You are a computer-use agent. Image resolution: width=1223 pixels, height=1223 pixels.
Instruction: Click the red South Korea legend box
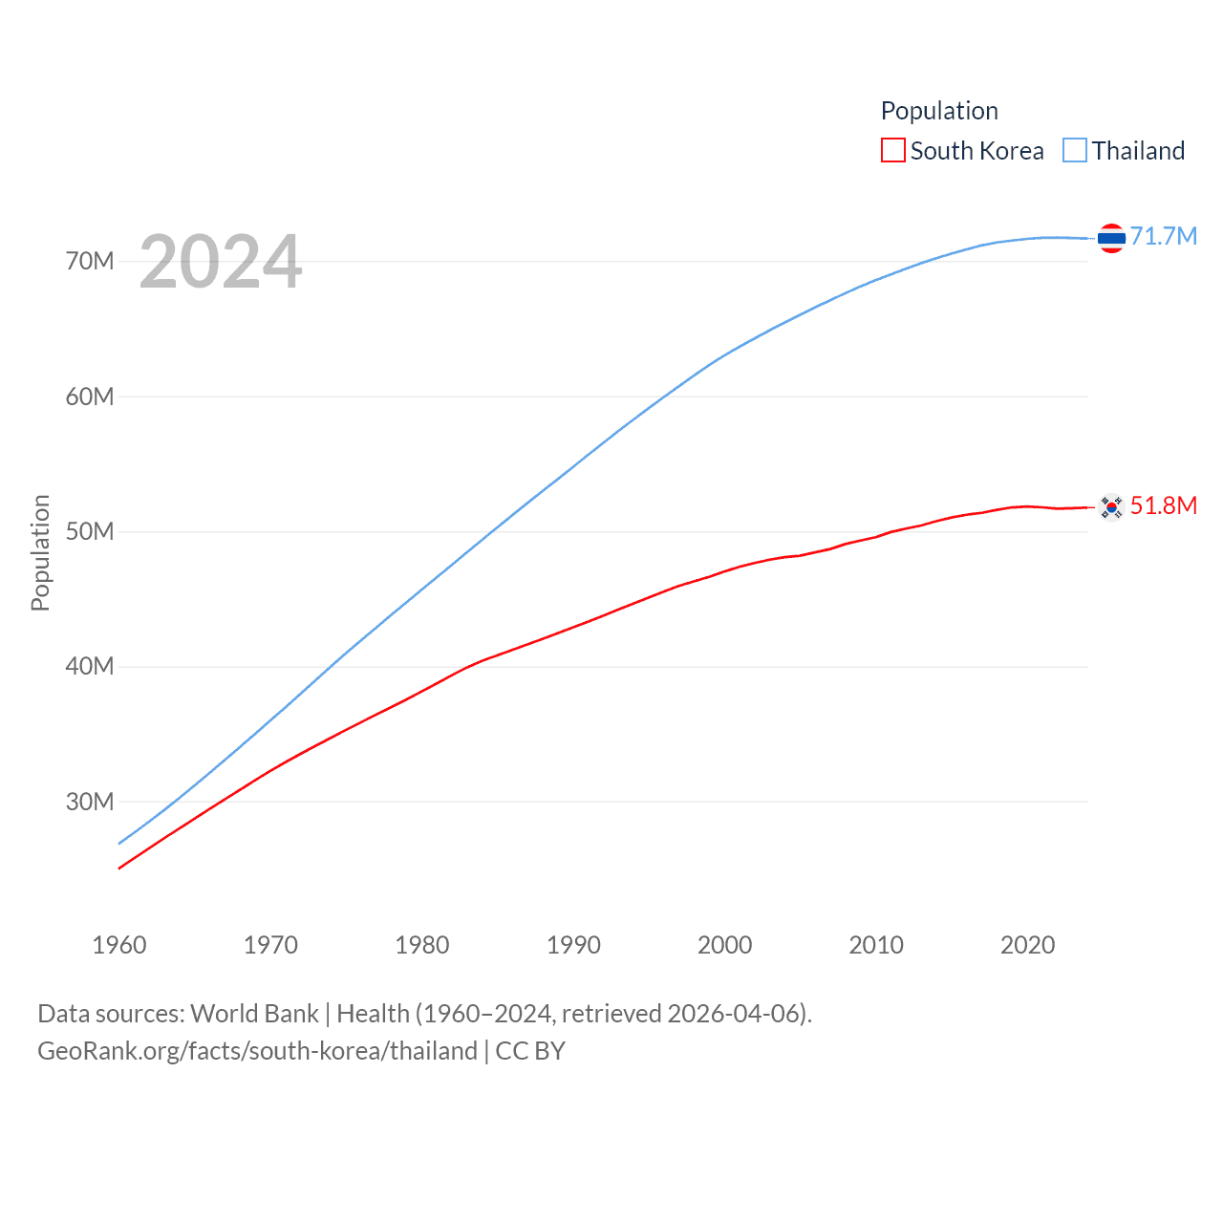892,151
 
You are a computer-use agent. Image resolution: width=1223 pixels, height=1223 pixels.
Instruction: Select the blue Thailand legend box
1075,151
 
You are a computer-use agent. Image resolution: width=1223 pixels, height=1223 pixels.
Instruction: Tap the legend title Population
939,111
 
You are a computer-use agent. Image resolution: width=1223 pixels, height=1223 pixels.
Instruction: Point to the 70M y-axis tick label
90,261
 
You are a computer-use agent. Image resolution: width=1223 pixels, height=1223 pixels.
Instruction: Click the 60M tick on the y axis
90,397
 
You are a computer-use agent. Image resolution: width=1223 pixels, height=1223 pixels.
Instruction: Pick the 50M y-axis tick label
90,531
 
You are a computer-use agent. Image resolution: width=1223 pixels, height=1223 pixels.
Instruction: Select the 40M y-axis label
90,666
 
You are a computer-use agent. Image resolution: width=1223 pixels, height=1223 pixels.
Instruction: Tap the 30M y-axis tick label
90,802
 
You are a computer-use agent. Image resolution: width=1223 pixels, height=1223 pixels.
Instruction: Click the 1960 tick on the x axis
119,945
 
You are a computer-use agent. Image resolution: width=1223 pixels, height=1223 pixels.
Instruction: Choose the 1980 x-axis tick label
422,945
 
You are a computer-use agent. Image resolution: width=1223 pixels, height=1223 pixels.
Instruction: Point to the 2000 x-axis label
725,945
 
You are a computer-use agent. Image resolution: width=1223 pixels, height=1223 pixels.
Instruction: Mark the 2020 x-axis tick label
1028,945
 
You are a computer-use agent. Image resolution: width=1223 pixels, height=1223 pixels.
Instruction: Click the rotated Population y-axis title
40,552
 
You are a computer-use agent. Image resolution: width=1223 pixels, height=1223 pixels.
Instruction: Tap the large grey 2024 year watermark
221,262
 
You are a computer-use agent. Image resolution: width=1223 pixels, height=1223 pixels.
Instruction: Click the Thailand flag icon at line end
1111,238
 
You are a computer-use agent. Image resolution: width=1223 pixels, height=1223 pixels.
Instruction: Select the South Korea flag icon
1111,507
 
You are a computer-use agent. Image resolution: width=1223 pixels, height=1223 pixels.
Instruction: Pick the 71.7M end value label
1164,236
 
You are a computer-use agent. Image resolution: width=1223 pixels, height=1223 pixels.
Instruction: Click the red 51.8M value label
1164,505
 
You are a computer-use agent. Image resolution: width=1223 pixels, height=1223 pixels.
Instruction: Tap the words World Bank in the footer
254,1014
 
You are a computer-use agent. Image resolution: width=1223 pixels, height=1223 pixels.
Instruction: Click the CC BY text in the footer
530,1051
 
